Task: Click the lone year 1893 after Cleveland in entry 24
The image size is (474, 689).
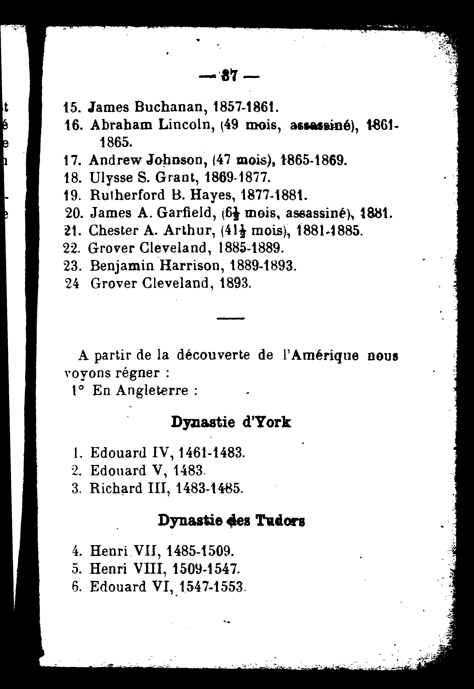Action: [236, 283]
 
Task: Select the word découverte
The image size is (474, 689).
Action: [213, 355]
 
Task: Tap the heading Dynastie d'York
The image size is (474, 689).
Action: [231, 422]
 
